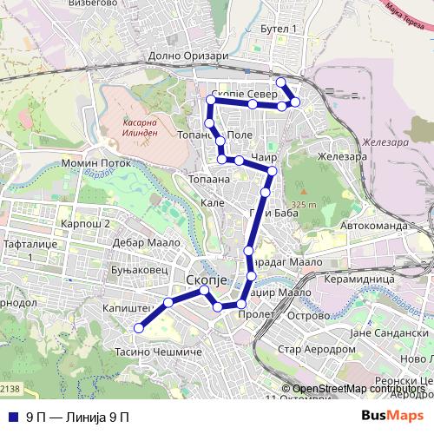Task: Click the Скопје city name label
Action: pyautogui.click(x=207, y=279)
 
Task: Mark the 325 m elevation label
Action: pyautogui.click(x=304, y=205)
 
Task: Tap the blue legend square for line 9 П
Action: pyautogui.click(x=13, y=417)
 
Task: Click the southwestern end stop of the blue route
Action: pyautogui.click(x=138, y=327)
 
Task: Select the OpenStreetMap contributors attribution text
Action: pyautogui.click(x=358, y=389)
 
